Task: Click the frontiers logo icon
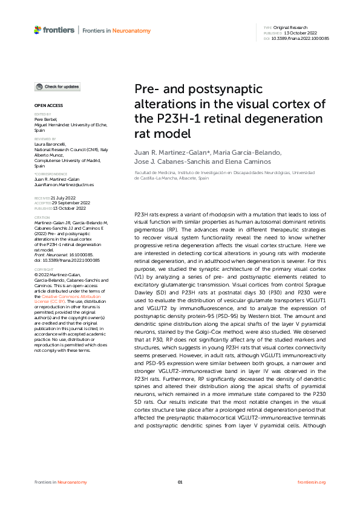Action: pos(38,29)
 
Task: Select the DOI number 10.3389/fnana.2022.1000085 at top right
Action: pos(300,38)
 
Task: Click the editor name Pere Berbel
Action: pos(44,120)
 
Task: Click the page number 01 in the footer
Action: pos(180,482)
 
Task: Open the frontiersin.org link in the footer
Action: pos(312,482)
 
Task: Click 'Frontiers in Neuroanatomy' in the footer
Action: pos(61,482)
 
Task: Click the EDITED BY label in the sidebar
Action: pos(42,114)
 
